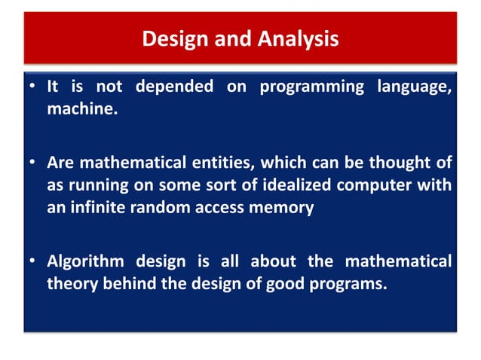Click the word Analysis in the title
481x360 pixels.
(x=296, y=38)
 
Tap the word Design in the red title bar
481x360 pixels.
(x=173, y=38)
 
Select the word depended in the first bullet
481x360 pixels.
(x=178, y=87)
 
